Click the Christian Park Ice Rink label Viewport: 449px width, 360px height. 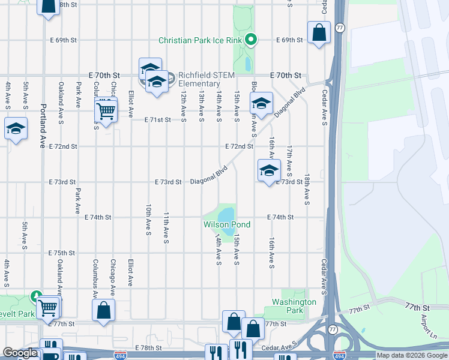(200, 40)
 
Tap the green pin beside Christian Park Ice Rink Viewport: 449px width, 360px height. (251, 40)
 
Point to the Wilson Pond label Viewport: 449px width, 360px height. (227, 224)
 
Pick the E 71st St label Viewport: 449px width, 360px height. (158, 120)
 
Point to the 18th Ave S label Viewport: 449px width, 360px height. (307, 189)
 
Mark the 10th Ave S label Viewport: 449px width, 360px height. (148, 219)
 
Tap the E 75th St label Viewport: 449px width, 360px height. (64, 253)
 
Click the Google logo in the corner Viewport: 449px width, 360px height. (20, 353)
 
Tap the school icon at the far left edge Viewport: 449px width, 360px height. (15, 129)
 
